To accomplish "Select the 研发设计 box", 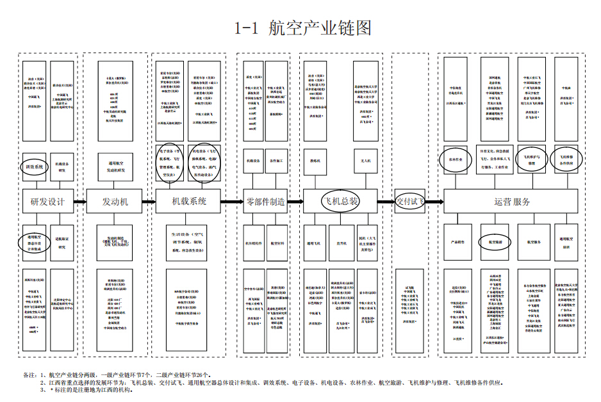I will pos(47,202).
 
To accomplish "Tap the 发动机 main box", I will pos(115,202).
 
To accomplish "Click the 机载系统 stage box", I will pos(188,201).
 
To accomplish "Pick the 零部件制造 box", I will pos(265,202).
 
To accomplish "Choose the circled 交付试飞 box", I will pos(410,201).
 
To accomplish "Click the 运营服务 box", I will pos(513,202).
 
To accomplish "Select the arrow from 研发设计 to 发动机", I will pos(79,202).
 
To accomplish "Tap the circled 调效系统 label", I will pos(35,166).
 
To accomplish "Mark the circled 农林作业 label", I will pos(456,159).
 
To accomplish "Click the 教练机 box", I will pos(315,161).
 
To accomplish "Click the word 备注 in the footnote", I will pos(29,374).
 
